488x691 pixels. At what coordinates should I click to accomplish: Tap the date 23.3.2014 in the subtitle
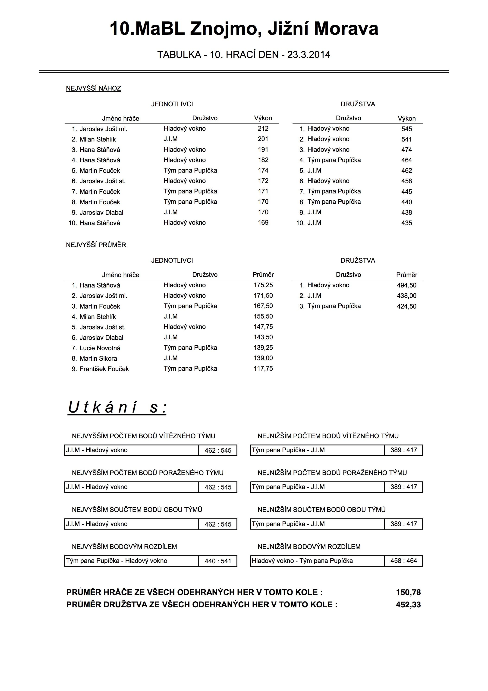click(x=309, y=55)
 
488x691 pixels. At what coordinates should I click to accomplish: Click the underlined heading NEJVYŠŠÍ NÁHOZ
click(x=93, y=88)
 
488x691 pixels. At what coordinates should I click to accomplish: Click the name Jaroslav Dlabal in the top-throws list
click(x=101, y=212)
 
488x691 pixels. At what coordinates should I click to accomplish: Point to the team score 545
click(x=406, y=129)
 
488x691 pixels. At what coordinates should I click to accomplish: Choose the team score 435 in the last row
click(x=406, y=223)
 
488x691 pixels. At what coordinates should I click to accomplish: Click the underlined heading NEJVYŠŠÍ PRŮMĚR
click(x=96, y=245)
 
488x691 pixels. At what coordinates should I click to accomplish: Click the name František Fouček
click(x=104, y=369)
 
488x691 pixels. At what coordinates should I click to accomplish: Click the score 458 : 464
click(x=403, y=561)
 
